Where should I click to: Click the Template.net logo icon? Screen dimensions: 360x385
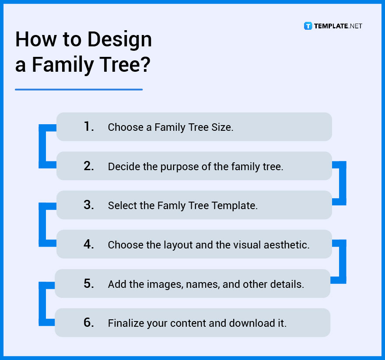tap(308, 26)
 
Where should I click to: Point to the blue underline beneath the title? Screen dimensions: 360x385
tap(79, 89)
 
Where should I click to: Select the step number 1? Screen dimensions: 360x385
tap(89, 127)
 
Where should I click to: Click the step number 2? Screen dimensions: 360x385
tap(89, 166)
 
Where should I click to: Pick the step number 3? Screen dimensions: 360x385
tap(89, 205)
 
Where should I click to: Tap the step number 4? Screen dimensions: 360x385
tap(89, 245)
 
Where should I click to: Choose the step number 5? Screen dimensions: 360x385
tap(89, 283)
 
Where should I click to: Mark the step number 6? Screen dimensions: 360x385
tap(89, 323)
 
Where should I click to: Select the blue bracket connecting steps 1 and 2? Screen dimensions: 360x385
tap(42, 147)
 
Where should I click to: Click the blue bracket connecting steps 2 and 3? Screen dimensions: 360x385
tap(343, 183)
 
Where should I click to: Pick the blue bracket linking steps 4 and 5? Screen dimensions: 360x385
tap(343, 262)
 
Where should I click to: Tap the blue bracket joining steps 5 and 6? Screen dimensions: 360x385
tap(42, 304)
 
